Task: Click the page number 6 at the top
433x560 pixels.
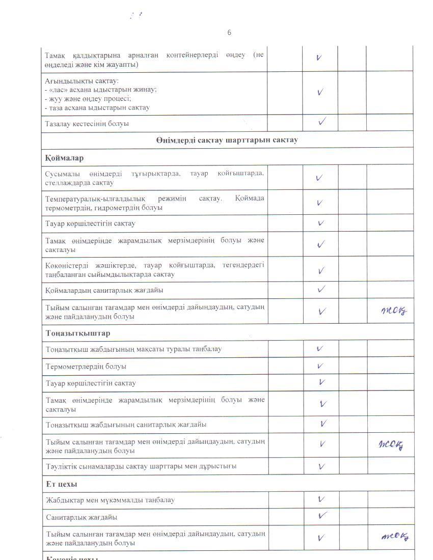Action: pyautogui.click(x=229, y=33)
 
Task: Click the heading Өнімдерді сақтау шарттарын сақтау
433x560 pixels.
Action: pyautogui.click(x=227, y=140)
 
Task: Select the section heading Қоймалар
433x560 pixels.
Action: pyautogui.click(x=64, y=158)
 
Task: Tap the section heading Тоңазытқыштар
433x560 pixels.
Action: pyautogui.click(x=78, y=333)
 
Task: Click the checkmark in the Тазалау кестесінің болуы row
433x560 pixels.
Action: pyautogui.click(x=321, y=122)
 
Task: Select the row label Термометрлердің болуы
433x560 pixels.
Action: pyautogui.click(x=86, y=367)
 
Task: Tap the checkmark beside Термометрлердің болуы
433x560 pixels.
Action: pyautogui.click(x=320, y=366)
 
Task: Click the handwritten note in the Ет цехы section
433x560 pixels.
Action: pyautogui.click(x=395, y=536)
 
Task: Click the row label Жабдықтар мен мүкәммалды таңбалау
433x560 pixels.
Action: pyautogui.click(x=110, y=500)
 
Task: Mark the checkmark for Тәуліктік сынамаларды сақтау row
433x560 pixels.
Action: pyautogui.click(x=321, y=466)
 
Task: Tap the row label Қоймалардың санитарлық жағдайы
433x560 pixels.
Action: pyautogui.click(x=104, y=290)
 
